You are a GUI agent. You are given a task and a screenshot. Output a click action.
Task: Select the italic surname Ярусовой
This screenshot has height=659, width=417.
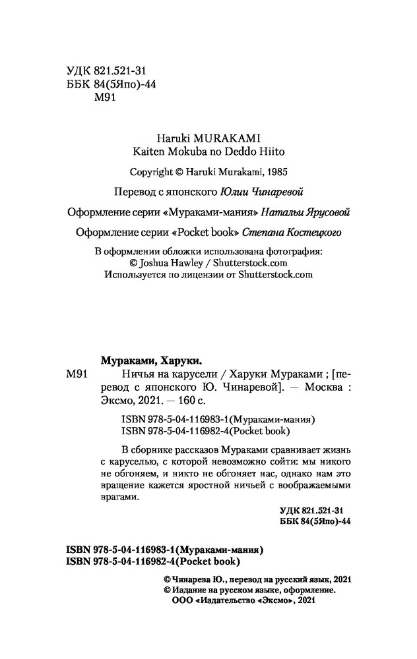point(325,212)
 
